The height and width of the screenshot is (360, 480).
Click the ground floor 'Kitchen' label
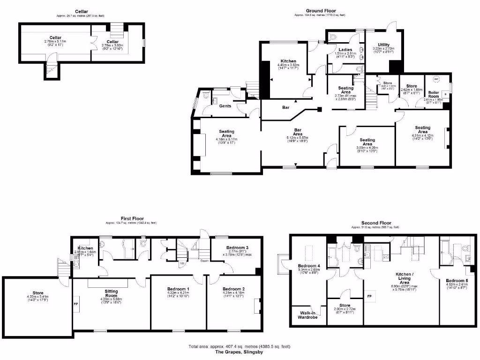pos(288,61)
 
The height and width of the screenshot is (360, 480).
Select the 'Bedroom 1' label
pos(178,289)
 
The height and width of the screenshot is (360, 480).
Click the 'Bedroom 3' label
pos(237,247)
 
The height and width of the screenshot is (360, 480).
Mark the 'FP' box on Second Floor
pos(369,296)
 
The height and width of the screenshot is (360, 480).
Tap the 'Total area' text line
pos(240,346)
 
